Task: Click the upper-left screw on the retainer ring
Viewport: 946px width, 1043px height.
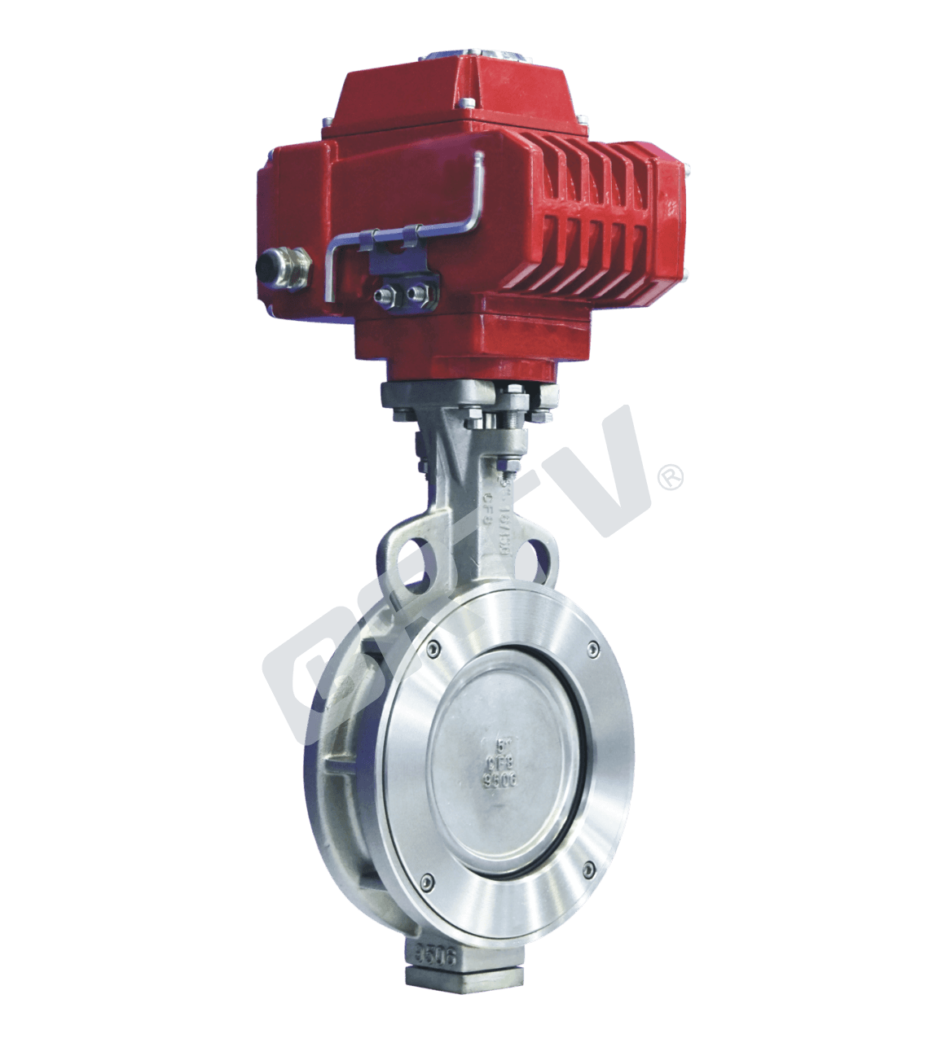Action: (x=431, y=648)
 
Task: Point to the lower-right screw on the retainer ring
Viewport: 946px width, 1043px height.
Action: (x=588, y=871)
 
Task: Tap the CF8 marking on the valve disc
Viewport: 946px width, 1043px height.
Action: (x=499, y=762)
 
